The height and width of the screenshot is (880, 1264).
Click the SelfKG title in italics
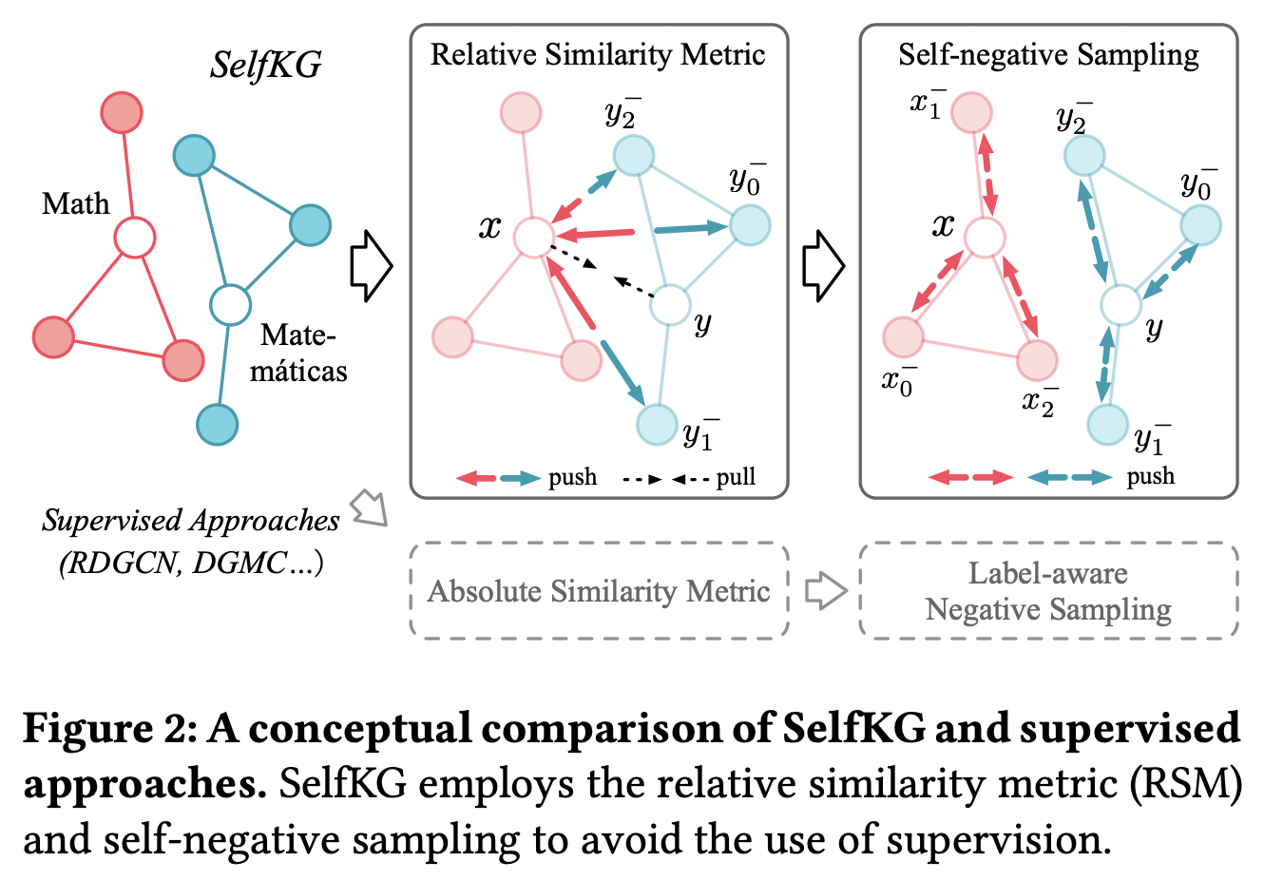tap(265, 65)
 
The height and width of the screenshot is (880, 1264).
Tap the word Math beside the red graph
tap(75, 203)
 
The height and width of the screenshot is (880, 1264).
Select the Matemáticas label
tap(298, 353)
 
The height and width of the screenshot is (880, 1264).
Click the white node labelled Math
tap(134, 238)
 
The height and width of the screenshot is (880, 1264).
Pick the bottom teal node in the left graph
tap(217, 424)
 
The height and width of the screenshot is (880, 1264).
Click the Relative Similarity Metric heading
tap(598, 54)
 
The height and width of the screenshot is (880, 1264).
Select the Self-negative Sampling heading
tap(1048, 54)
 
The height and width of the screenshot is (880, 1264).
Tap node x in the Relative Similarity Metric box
tap(533, 237)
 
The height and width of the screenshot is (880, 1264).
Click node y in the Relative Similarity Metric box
tap(670, 304)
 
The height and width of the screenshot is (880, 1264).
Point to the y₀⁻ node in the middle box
tap(750, 226)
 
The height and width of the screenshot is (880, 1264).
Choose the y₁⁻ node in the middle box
tap(656, 425)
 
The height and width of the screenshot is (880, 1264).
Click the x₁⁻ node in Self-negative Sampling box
tap(971, 113)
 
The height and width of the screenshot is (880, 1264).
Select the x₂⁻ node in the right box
tap(1037, 360)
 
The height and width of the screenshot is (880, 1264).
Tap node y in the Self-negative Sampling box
tap(1120, 305)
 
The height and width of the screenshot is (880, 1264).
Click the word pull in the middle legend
tap(736, 477)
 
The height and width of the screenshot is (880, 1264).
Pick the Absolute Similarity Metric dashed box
tap(599, 591)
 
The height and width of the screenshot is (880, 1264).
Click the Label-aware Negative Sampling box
tap(1048, 591)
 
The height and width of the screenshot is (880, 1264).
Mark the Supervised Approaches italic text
tap(190, 521)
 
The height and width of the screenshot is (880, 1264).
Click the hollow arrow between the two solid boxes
tap(823, 266)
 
